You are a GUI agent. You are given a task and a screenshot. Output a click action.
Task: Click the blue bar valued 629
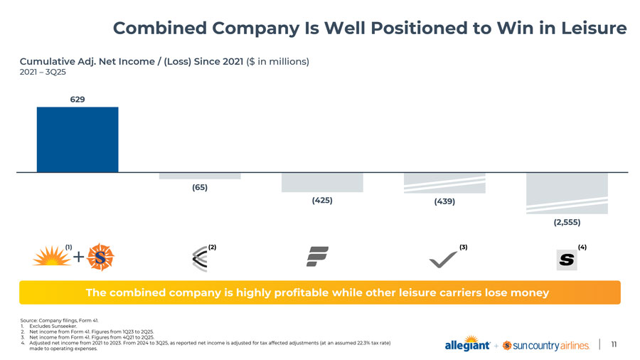tap(78, 139)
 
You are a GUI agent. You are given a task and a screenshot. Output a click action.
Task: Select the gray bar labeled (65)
tap(200, 176)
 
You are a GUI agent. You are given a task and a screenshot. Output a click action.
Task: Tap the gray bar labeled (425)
tap(322, 182)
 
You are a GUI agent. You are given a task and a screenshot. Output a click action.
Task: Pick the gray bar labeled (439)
tap(444, 183)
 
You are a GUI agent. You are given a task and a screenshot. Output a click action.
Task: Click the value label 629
tap(78, 99)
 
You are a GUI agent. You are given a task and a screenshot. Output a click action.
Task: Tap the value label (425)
tap(322, 200)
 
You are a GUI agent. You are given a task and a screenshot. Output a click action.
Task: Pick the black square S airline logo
tap(567, 260)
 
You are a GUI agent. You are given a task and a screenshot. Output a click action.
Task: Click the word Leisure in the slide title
tap(592, 28)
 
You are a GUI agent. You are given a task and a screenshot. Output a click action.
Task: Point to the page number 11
tap(612, 345)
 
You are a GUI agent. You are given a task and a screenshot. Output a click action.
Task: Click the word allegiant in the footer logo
tap(466, 346)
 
